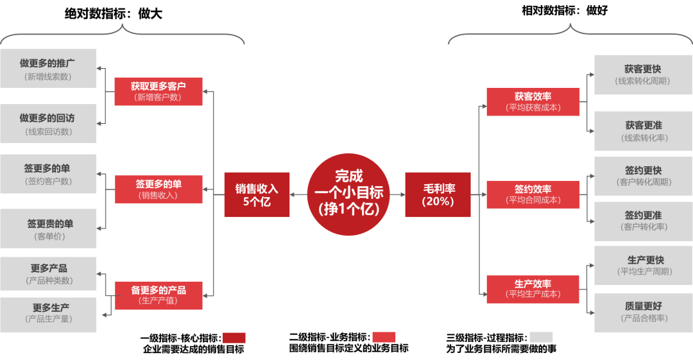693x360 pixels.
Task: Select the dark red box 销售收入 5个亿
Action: click(x=257, y=194)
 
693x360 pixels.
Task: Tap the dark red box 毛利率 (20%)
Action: click(x=438, y=194)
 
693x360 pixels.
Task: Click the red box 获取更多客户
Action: click(x=158, y=91)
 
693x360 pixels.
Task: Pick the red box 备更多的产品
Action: click(x=158, y=295)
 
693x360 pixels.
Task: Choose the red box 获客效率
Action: click(x=533, y=101)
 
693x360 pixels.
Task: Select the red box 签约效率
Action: click(x=533, y=194)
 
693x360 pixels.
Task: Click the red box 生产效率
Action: click(x=533, y=289)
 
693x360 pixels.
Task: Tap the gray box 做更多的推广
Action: click(x=48, y=69)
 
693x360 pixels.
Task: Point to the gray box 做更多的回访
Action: click(x=48, y=124)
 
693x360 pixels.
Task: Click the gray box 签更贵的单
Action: click(x=48, y=229)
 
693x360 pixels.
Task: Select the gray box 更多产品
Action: click(x=48, y=274)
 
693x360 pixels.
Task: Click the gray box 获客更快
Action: click(x=643, y=74)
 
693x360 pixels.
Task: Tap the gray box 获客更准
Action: click(x=643, y=131)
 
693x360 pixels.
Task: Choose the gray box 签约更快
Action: click(x=643, y=176)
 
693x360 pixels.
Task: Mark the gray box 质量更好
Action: click(x=643, y=313)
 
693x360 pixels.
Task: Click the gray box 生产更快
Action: click(x=643, y=266)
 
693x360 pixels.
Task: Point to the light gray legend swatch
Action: click(x=541, y=337)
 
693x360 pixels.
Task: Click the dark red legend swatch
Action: click(x=234, y=338)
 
